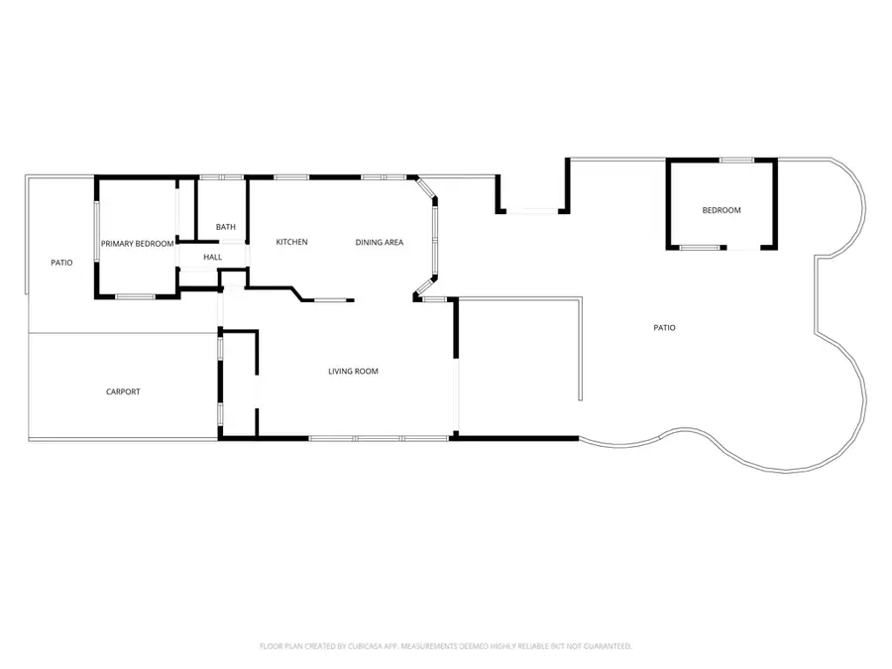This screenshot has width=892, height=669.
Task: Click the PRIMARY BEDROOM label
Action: pos(137,243)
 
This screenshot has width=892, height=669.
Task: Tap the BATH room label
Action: pos(226,227)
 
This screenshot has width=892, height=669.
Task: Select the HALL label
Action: pos(212,258)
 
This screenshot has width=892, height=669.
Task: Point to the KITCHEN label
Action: pos(291,242)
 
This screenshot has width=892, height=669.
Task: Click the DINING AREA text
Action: pos(380,242)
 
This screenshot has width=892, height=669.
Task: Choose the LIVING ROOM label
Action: pos(353,372)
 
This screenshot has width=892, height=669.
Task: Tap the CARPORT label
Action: pos(123,391)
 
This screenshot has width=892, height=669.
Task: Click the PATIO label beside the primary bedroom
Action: pos(61,263)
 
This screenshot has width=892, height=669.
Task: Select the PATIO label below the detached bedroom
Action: pos(664,327)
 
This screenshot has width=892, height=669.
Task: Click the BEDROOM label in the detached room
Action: pos(722,210)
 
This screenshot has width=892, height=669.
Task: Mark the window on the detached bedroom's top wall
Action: pos(734,161)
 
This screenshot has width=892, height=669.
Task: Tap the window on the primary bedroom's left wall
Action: pos(97,233)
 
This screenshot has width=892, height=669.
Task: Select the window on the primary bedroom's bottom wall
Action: pos(134,296)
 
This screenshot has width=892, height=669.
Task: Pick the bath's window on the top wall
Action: pos(222,177)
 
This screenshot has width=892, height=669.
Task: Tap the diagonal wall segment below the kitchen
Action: pos(294,293)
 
